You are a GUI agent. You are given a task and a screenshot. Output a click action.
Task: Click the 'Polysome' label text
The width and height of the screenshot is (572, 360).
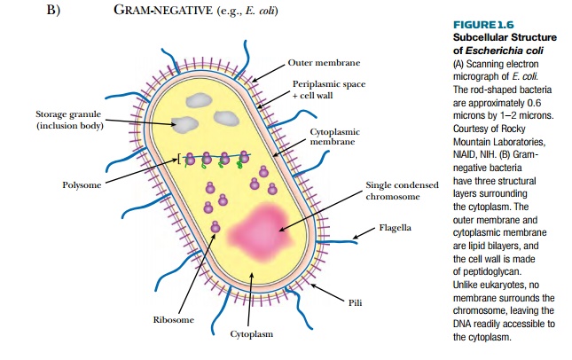[81, 185]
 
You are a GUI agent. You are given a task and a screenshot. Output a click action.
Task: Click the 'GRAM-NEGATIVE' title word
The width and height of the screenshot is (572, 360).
[146, 11]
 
